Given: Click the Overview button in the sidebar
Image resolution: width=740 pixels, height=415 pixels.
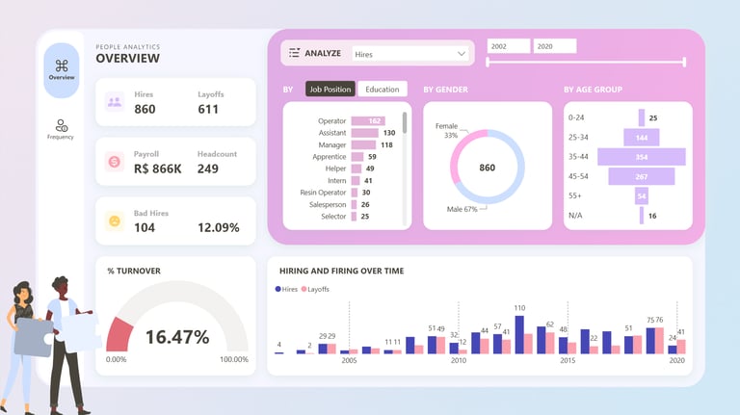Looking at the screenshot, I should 62,69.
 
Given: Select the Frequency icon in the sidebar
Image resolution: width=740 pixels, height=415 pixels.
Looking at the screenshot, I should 62,128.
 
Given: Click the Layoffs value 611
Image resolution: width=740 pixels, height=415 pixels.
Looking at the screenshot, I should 208,109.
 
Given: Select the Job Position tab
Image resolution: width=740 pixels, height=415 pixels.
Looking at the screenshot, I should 330,90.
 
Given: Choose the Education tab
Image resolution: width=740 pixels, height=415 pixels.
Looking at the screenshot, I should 383,90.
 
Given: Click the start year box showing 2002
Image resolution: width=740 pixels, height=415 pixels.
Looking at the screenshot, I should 508,46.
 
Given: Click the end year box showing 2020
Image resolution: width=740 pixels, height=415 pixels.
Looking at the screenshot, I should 555,46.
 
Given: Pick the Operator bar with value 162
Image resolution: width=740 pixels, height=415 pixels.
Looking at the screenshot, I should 367,120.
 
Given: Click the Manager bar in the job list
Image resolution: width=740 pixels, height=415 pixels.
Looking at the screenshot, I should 364,144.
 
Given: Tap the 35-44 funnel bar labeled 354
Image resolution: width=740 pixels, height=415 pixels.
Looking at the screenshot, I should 641,156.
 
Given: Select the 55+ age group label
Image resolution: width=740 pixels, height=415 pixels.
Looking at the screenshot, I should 575,195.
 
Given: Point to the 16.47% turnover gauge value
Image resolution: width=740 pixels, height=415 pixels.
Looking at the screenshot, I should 176,337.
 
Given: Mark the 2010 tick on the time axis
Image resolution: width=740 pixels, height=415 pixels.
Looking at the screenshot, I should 459,360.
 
